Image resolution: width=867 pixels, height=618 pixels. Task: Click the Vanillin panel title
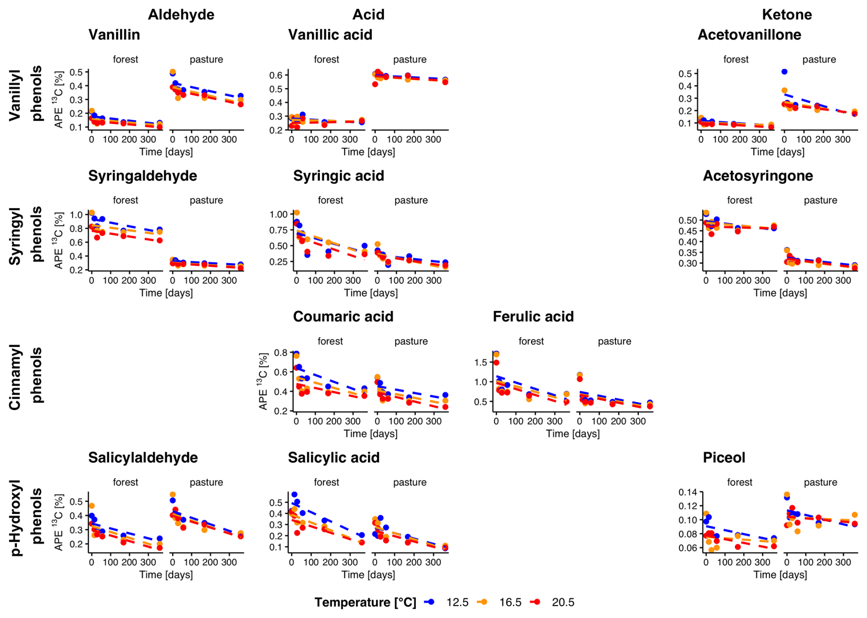click(114, 35)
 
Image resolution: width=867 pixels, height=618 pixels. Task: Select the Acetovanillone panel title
click(749, 35)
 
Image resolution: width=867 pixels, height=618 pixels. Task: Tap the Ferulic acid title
click(533, 316)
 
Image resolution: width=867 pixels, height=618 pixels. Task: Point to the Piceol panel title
click(724, 458)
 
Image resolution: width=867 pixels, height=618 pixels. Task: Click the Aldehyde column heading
click(181, 15)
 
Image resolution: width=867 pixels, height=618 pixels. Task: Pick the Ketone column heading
click(786, 15)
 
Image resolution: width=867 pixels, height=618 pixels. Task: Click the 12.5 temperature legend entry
click(457, 602)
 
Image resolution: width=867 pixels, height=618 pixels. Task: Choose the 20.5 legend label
click(563, 602)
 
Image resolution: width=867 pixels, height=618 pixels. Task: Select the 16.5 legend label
click(510, 602)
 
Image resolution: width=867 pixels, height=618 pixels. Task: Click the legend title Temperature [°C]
click(365, 602)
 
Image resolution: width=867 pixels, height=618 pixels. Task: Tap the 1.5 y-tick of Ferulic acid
click(481, 362)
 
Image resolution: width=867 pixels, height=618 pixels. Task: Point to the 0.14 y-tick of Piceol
click(687, 492)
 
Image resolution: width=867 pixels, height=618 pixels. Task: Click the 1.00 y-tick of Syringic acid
click(279, 214)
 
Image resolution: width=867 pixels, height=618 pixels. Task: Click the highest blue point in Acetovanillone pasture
click(784, 72)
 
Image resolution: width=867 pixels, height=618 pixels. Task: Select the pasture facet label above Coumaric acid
click(411, 341)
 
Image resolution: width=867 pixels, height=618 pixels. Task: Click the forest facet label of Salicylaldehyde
click(125, 482)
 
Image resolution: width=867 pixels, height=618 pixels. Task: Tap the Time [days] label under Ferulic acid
click(572, 434)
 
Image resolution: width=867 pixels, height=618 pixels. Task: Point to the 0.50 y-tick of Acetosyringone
click(687, 221)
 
